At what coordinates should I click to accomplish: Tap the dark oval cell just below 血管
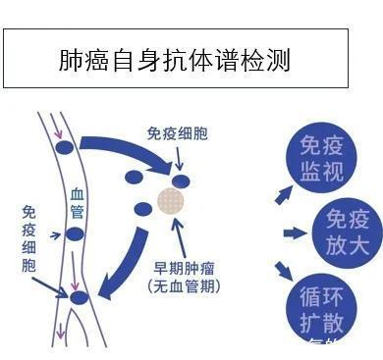[x=75, y=233]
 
